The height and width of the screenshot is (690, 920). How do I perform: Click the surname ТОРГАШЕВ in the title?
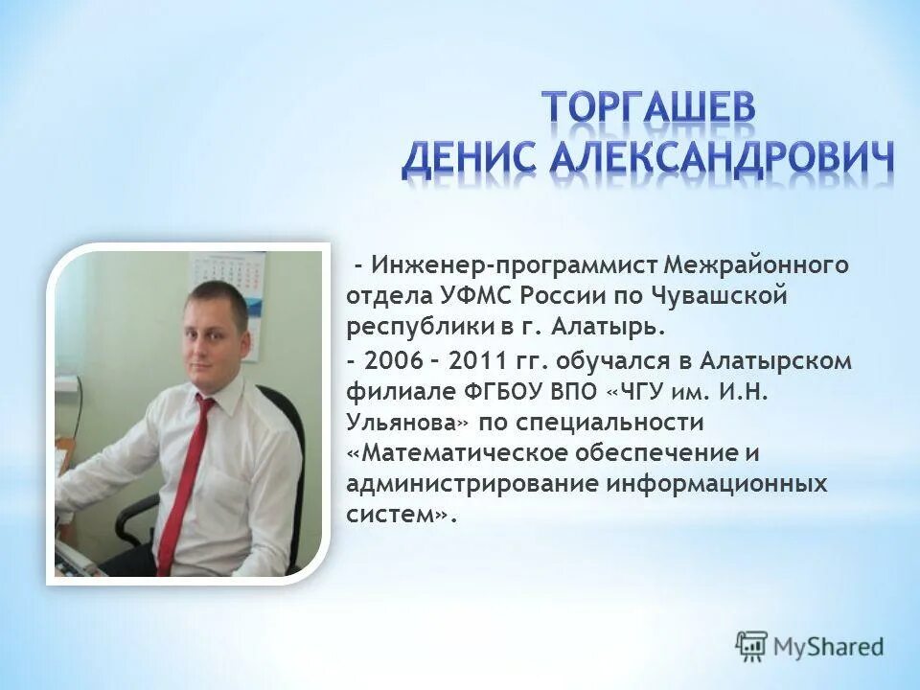648,108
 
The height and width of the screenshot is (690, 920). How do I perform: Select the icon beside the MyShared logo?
752,646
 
